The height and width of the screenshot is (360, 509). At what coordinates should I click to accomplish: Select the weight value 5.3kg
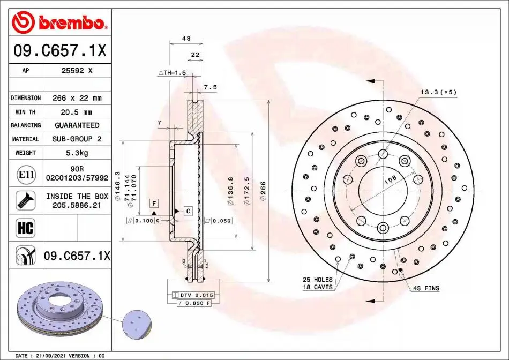point(77,153)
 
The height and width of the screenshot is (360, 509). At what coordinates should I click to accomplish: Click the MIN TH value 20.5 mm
point(76,112)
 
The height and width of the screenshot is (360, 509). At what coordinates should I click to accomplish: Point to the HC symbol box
point(25,228)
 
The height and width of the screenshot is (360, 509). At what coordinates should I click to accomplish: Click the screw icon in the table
point(25,200)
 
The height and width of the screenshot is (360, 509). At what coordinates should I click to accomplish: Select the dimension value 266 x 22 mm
point(77,98)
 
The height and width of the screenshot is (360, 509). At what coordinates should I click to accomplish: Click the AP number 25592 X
point(77,70)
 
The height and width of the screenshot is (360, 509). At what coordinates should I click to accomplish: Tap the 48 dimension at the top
point(186,39)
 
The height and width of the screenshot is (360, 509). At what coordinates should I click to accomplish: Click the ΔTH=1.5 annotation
point(172,73)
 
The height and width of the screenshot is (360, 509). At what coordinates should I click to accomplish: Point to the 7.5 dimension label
point(210,87)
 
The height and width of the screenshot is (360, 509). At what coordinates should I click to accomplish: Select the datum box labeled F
point(154,204)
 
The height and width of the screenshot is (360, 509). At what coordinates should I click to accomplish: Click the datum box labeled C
point(188,211)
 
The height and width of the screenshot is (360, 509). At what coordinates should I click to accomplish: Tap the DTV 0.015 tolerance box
point(193,295)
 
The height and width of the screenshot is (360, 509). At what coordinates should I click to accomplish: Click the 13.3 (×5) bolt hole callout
point(439,92)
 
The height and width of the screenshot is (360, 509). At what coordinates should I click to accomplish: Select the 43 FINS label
point(426,288)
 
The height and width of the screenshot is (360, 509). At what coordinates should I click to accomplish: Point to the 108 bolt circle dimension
point(390,179)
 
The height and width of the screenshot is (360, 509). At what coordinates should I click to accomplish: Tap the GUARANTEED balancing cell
point(77,125)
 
